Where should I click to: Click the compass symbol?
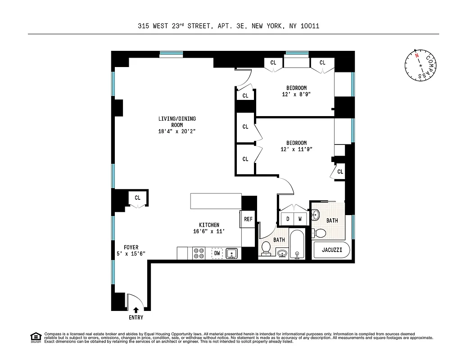pyautogui.click(x=421, y=65)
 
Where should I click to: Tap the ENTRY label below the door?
pyautogui.click(x=136, y=318)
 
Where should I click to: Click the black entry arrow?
pyautogui.click(x=136, y=310)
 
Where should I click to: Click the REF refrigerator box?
pyautogui.click(x=248, y=220)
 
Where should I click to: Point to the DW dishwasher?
pyautogui.click(x=217, y=254)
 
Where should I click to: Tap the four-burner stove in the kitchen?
pyautogui.click(x=199, y=254)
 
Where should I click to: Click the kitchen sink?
pyautogui.click(x=231, y=254)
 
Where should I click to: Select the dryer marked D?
pyautogui.click(x=287, y=219)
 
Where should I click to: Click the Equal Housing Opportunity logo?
pyautogui.click(x=35, y=337)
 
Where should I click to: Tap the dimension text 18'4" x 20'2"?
pyautogui.click(x=176, y=131)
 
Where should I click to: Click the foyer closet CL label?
pyautogui.click(x=137, y=198)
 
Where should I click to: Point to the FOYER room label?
pyautogui.click(x=131, y=247)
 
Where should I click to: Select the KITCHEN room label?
pyautogui.click(x=209, y=225)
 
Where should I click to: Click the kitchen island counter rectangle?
pyautogui.click(x=216, y=201)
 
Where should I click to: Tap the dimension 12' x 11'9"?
pyautogui.click(x=296, y=149)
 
